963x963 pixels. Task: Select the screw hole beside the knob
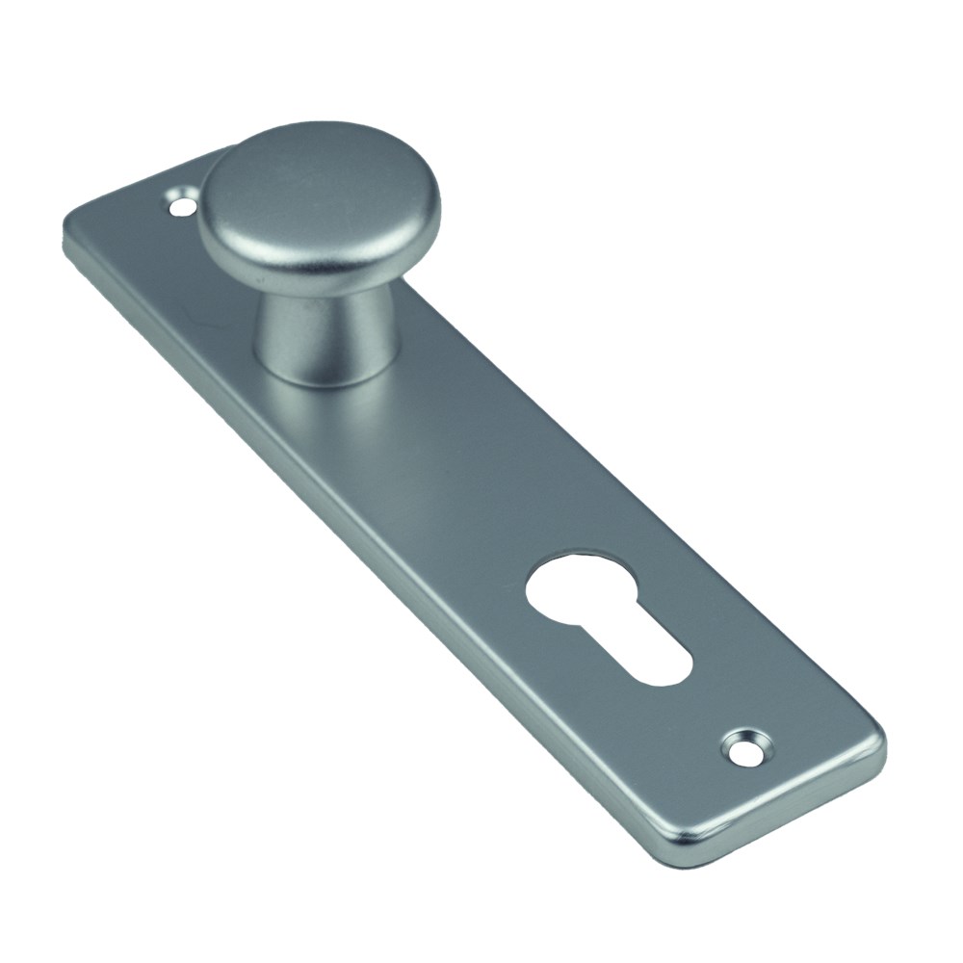click(x=179, y=204)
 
